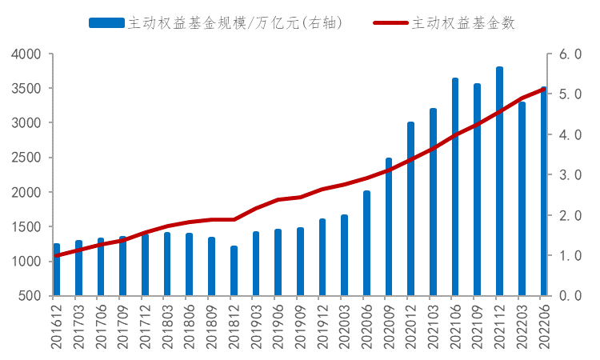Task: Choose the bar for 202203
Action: [x=522, y=199]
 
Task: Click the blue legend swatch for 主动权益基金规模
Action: [x=106, y=23]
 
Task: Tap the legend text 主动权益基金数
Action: [x=463, y=23]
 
